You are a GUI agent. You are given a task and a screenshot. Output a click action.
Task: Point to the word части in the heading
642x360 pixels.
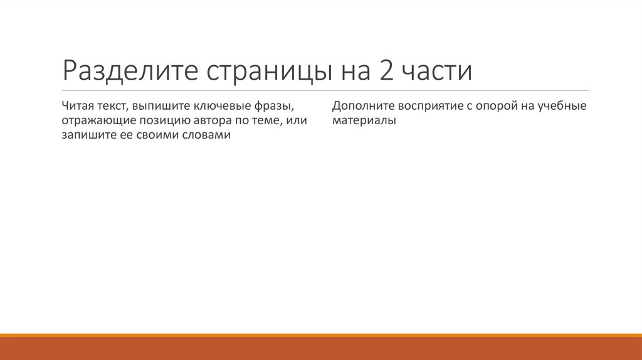[x=437, y=71]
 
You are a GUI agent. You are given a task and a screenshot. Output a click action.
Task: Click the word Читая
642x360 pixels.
[x=78, y=105]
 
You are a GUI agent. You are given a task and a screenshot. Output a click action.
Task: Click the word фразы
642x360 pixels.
[x=275, y=105]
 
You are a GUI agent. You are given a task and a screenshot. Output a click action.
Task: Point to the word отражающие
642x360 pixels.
[x=94, y=120]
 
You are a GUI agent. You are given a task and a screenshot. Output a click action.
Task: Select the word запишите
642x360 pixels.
[x=87, y=135]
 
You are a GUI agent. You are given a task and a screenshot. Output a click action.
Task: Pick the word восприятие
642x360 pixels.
[x=429, y=105]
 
